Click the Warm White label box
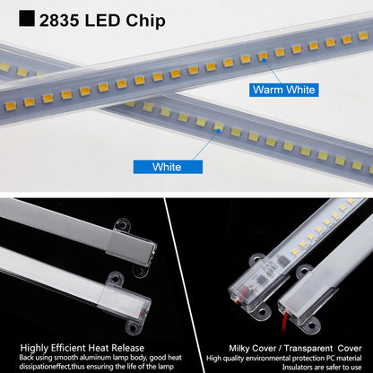coord(284,89)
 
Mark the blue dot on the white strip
coord(218,130)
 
